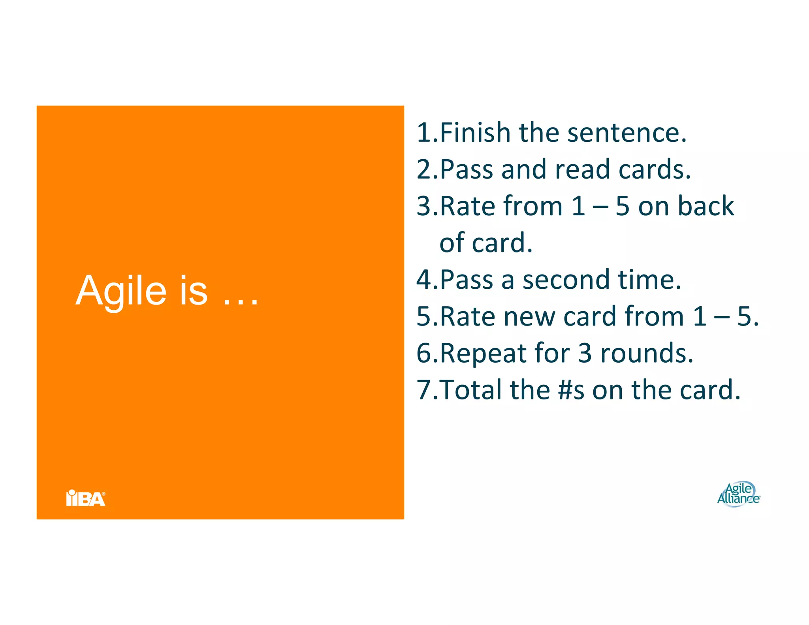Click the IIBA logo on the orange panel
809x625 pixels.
(86, 498)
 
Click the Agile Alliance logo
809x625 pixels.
(738, 494)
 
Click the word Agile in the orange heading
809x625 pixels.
(121, 292)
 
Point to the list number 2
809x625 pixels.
(425, 169)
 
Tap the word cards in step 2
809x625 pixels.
(654, 169)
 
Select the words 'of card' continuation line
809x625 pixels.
(485, 243)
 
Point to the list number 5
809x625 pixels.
(425, 316)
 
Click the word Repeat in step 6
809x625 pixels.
(483, 353)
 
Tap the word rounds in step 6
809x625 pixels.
(646, 353)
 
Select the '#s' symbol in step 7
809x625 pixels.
(571, 390)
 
